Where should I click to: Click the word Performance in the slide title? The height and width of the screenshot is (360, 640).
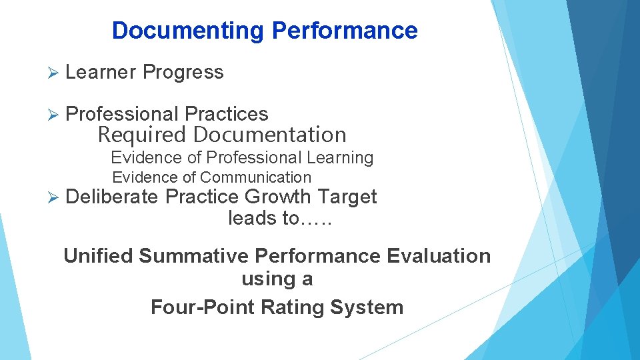point(345,31)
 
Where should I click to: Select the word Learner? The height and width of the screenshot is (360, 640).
point(101,72)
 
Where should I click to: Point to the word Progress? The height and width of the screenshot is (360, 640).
point(183,72)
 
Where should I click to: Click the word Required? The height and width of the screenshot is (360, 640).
point(142,135)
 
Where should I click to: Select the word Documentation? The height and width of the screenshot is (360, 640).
point(269,135)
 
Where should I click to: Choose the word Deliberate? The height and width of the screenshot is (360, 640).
point(113,197)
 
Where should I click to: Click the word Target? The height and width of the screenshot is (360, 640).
point(347,197)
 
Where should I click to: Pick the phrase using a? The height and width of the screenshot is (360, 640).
point(277,279)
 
